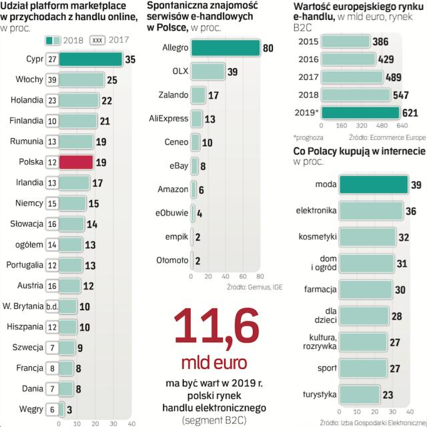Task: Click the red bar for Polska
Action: tap(74, 162)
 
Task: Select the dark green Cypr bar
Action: tap(90, 59)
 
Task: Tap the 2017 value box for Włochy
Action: tap(52, 80)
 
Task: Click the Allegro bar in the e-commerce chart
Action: tap(225, 48)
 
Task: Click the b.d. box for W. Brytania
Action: tap(52, 306)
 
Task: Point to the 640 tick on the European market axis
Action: tap(402, 125)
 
